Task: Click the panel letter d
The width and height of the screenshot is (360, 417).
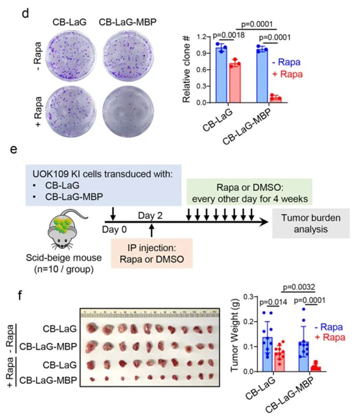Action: tap(25, 13)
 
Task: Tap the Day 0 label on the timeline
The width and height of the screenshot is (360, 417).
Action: tap(114, 230)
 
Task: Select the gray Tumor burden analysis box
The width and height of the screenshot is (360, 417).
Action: tap(310, 223)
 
